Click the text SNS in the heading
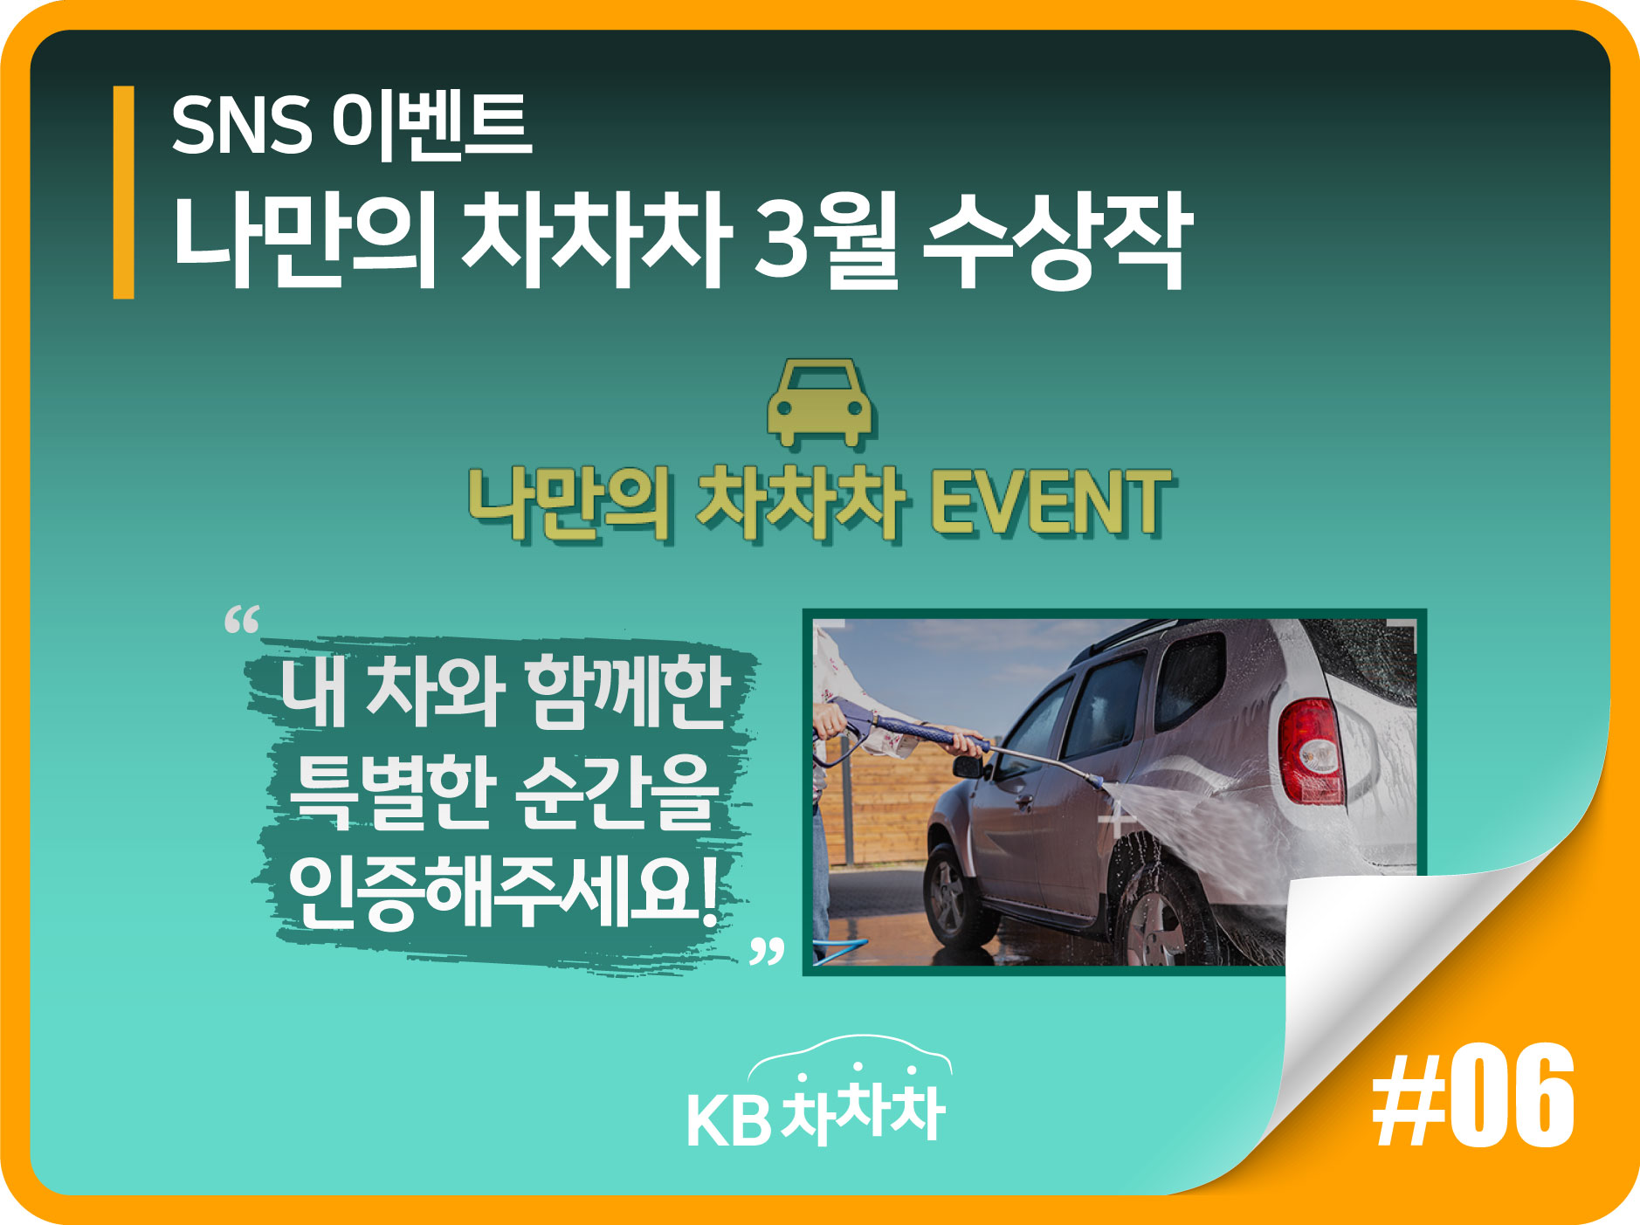tap(241, 125)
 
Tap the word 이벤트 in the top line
tap(432, 124)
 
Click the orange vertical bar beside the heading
tap(123, 192)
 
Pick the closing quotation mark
tap(768, 951)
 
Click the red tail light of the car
tap(1310, 751)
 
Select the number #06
tap(1473, 1097)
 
